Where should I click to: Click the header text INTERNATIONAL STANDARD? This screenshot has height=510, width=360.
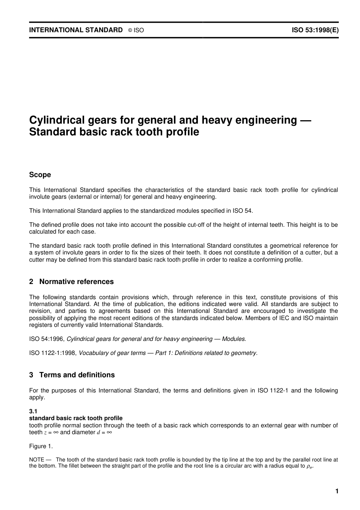[76, 30]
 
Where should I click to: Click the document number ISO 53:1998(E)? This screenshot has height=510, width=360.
[315, 30]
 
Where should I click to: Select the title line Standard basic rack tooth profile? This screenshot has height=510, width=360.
[114, 132]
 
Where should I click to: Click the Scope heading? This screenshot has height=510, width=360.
[40, 175]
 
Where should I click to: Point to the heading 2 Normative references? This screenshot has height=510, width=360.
[71, 282]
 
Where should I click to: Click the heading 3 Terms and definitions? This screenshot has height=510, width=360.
[72, 375]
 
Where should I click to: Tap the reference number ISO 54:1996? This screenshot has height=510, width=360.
[47, 339]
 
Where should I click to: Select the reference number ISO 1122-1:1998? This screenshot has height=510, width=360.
[53, 353]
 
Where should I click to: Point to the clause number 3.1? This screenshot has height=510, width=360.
[33, 411]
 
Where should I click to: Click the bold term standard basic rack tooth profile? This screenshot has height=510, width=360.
[76, 418]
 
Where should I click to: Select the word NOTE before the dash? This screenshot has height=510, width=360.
[37, 460]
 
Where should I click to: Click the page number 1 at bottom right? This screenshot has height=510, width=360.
[337, 492]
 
